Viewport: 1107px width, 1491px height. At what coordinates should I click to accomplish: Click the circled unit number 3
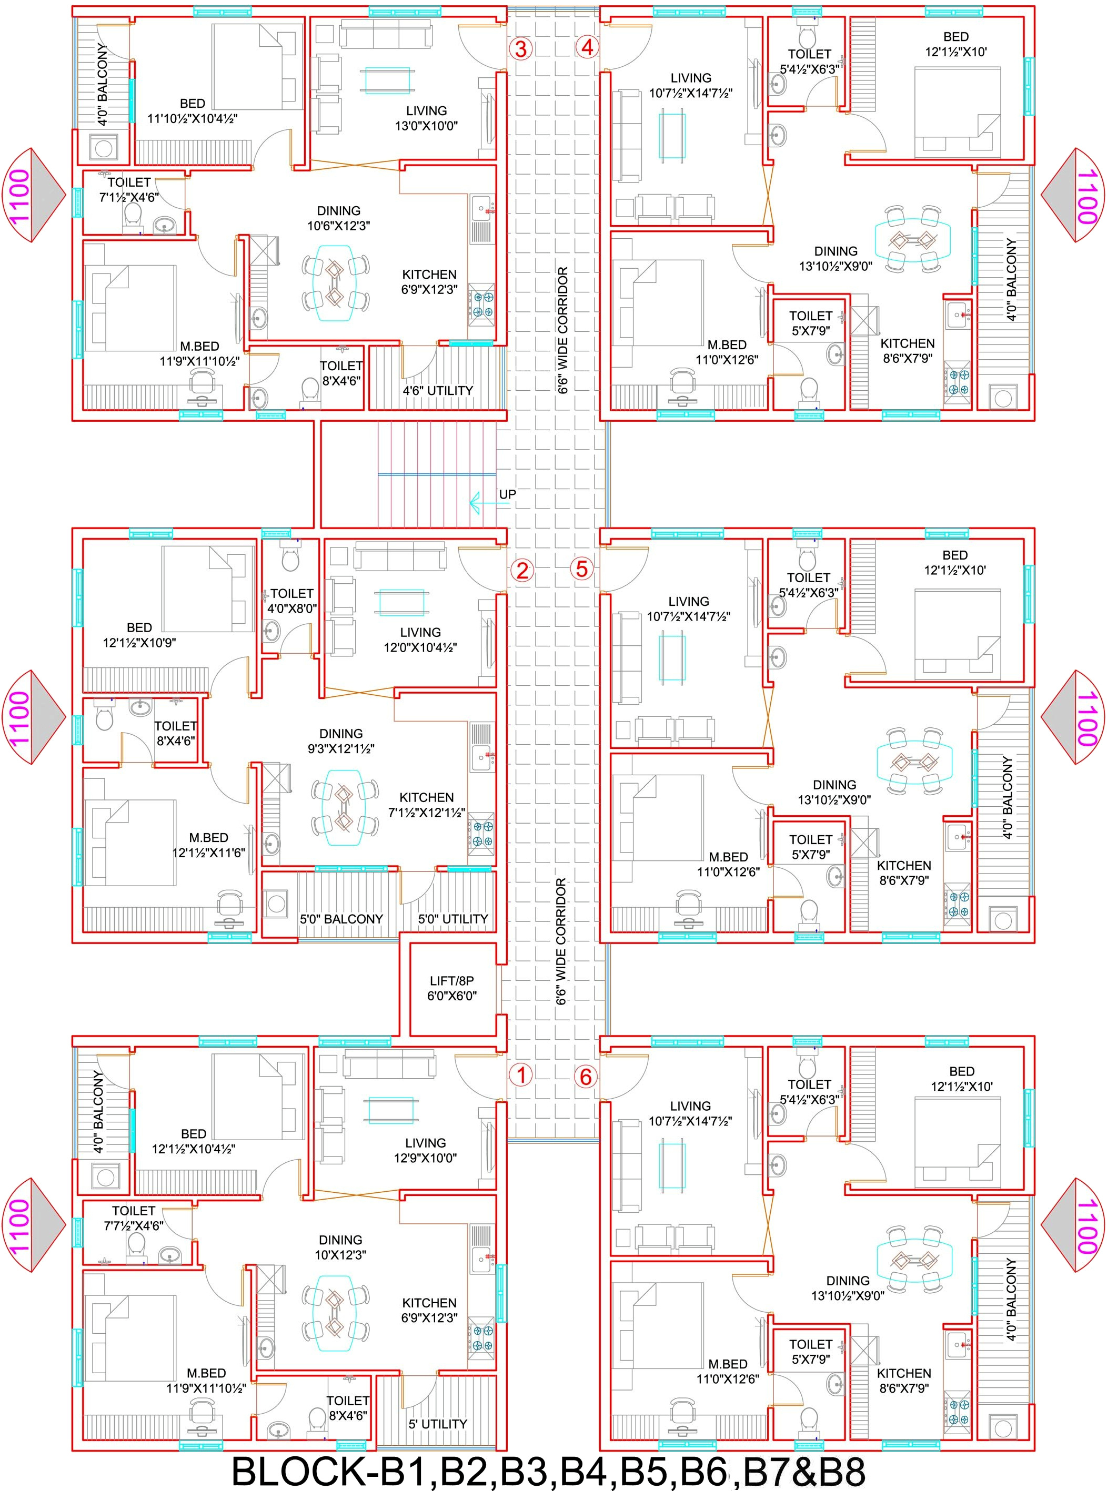(521, 48)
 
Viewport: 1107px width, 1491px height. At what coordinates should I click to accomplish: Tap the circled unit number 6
(586, 1077)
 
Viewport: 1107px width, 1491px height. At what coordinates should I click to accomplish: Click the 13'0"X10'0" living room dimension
(426, 125)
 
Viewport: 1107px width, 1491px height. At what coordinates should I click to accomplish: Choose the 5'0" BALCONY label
(341, 919)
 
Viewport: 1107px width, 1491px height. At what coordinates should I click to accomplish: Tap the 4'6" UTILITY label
(438, 390)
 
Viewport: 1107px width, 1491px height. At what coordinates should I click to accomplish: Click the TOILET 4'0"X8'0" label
(291, 601)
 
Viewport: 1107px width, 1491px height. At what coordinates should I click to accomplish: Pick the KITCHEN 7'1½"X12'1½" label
(427, 805)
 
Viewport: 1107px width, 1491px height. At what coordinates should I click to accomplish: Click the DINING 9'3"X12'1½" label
(341, 741)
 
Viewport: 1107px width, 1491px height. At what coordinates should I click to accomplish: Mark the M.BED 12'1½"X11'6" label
(208, 845)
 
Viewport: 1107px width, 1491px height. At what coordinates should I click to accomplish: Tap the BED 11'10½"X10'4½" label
(193, 111)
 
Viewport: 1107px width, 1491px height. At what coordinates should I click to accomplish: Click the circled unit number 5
(581, 569)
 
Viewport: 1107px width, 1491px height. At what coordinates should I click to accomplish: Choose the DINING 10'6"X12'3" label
(339, 218)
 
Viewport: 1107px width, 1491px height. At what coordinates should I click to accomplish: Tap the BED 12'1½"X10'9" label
(139, 635)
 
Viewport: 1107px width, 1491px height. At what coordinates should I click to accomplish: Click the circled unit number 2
(521, 571)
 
